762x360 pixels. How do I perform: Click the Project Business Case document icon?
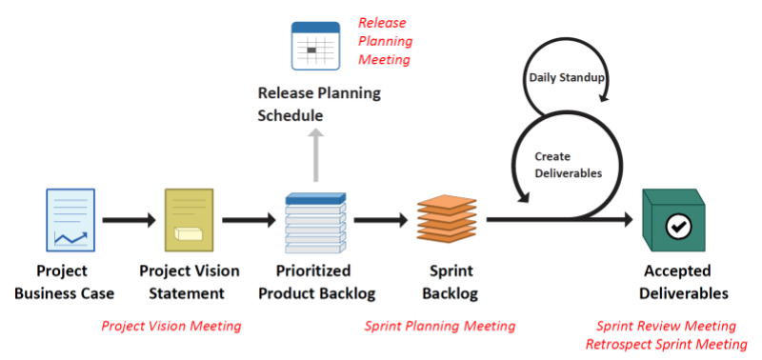pos(70,219)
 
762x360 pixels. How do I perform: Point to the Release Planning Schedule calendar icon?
pos(315,47)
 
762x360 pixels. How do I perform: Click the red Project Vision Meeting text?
pos(171,327)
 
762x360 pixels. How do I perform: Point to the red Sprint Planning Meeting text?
pos(439,327)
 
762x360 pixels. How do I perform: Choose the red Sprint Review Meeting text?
pos(666,326)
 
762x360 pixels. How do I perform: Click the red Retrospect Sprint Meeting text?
pos(666,343)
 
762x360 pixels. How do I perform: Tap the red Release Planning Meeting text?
pos(385,41)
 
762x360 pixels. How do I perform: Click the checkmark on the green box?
pos(678,226)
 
